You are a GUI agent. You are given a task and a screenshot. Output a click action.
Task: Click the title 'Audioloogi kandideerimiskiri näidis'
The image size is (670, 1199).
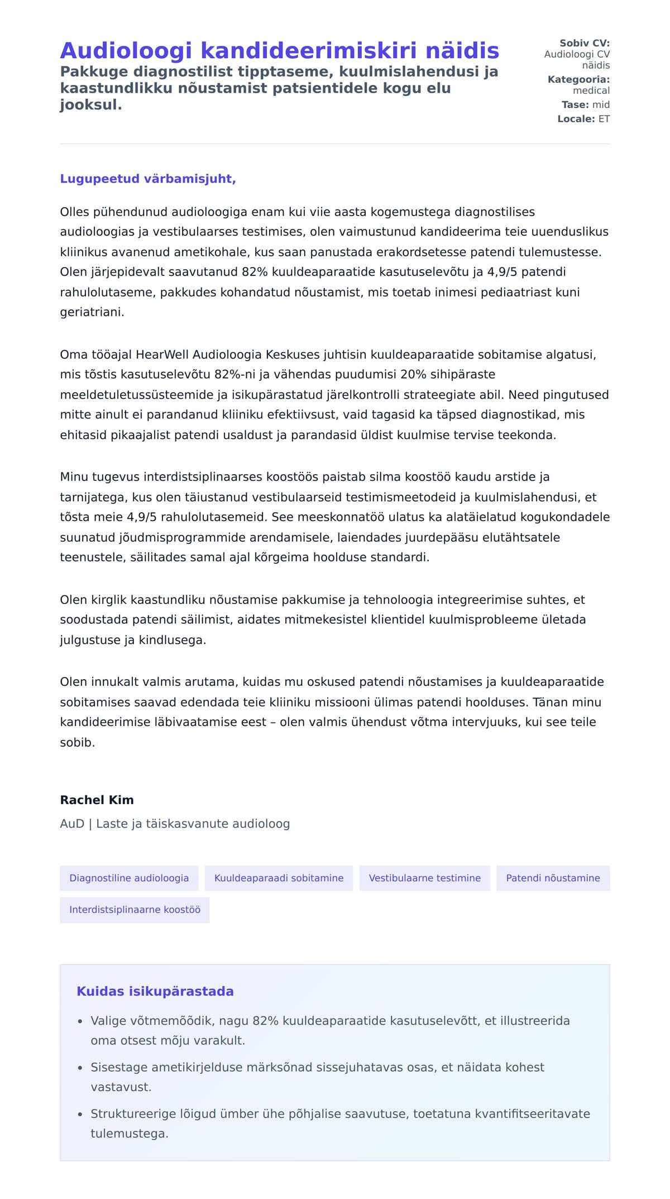(279, 50)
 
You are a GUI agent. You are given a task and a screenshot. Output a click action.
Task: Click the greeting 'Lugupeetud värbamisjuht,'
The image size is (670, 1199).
(148, 179)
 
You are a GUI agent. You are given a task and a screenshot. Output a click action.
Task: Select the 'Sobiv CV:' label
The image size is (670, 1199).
(585, 43)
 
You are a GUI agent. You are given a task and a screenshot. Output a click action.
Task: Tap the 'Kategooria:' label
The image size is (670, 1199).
(578, 79)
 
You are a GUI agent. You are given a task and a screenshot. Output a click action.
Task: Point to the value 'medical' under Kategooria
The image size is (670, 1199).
(591, 90)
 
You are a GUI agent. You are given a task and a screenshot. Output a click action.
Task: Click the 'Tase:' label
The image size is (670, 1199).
(575, 104)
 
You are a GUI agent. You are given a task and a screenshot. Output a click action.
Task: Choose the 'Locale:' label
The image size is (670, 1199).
(576, 119)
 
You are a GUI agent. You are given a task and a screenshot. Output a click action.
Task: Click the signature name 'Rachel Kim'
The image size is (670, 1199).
(97, 800)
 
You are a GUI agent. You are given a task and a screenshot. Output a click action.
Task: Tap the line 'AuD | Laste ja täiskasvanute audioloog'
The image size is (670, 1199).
(175, 824)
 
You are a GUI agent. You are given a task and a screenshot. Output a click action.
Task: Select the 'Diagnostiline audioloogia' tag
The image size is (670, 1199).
(129, 878)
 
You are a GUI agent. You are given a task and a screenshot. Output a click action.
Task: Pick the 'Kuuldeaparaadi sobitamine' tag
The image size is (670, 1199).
(279, 878)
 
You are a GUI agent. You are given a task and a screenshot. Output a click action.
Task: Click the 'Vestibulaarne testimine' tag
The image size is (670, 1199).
(424, 878)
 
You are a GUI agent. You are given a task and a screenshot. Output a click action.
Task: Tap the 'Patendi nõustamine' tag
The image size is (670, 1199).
(553, 878)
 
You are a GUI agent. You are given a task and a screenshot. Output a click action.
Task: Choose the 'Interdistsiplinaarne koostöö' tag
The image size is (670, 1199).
(135, 910)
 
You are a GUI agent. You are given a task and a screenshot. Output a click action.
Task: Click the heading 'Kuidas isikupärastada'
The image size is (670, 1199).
(155, 991)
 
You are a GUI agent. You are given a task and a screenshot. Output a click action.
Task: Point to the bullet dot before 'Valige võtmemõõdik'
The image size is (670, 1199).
(80, 1021)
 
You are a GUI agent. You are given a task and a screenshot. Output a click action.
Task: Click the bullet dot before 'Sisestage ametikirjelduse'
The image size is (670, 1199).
(80, 1068)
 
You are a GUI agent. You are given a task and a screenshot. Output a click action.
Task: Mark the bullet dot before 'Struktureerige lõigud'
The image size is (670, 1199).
(80, 1114)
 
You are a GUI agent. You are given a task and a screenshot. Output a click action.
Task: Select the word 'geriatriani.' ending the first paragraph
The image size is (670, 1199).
(92, 312)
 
